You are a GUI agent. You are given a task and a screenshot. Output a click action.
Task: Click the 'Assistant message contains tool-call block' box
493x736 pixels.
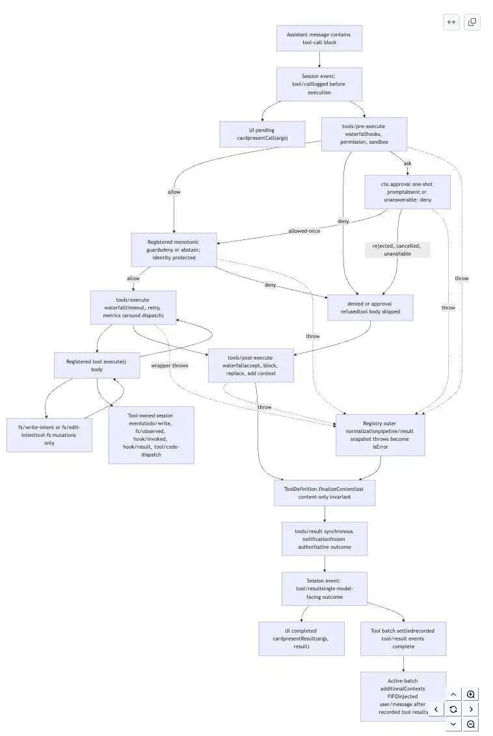click(x=319, y=38)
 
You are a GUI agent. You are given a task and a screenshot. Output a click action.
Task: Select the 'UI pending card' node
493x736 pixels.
click(x=262, y=134)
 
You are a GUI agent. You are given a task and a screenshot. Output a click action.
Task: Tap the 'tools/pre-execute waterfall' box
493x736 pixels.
click(x=364, y=134)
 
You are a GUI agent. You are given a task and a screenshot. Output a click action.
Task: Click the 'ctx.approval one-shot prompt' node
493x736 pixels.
click(x=407, y=192)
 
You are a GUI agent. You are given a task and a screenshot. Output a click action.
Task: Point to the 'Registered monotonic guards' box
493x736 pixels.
click(x=174, y=250)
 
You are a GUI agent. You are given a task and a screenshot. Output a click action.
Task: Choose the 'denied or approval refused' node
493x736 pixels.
click(x=370, y=308)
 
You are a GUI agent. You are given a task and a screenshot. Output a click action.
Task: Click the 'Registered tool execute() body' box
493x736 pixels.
click(x=97, y=365)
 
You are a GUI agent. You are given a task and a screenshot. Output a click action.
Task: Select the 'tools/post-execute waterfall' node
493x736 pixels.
click(x=250, y=365)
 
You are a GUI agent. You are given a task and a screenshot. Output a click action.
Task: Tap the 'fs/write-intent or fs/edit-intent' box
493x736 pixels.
click(x=49, y=435)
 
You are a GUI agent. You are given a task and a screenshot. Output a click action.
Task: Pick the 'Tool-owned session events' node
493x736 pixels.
click(x=151, y=435)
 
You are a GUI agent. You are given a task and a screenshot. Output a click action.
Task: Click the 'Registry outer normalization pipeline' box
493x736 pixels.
click(x=380, y=435)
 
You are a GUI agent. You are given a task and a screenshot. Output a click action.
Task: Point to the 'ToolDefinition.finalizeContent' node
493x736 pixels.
click(x=325, y=493)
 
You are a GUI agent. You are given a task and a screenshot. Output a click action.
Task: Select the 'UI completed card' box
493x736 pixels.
click(x=301, y=638)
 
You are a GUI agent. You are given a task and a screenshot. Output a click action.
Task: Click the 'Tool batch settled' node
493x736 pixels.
click(x=403, y=638)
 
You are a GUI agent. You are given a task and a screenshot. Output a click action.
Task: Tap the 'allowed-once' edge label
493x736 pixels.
click(x=304, y=231)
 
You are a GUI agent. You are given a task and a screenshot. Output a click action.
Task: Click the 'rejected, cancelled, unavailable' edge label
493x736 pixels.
click(x=397, y=250)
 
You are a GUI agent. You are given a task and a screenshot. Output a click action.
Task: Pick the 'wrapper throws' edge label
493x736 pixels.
click(x=170, y=365)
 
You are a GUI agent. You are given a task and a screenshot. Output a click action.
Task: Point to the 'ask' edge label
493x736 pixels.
click(x=408, y=163)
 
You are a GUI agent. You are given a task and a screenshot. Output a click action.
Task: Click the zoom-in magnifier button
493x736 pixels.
click(x=471, y=694)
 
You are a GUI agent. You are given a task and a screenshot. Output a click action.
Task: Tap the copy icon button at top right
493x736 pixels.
click(x=472, y=22)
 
